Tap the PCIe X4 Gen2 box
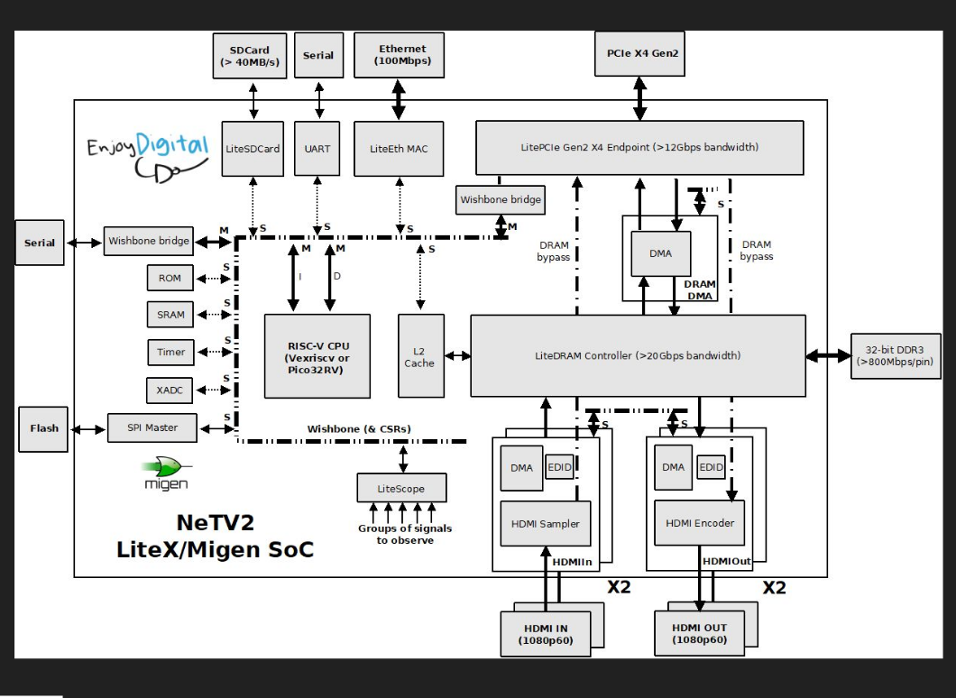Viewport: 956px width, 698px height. pyautogui.click(x=639, y=54)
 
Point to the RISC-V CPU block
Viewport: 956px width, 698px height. pyautogui.click(x=317, y=356)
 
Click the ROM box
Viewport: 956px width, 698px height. pyautogui.click(x=170, y=278)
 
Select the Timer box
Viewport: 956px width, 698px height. pyautogui.click(x=170, y=352)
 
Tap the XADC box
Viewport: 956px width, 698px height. pyautogui.click(x=170, y=390)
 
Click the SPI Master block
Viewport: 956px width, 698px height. pyautogui.click(x=152, y=427)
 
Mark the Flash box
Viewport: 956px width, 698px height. pyautogui.click(x=41, y=427)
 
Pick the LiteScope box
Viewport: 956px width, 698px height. pyautogui.click(x=401, y=488)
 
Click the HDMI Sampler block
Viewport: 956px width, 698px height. pyautogui.click(x=546, y=524)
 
